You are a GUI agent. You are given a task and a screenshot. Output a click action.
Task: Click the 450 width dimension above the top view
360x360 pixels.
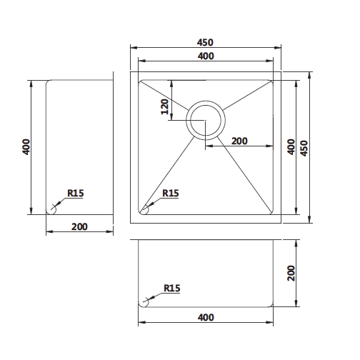[205, 42]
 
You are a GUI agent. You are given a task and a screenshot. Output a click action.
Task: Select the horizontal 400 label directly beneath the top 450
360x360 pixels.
[205, 56]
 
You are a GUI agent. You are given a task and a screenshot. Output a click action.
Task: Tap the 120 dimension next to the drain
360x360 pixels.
[164, 106]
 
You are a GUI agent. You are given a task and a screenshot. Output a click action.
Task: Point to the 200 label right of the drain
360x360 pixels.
[239, 141]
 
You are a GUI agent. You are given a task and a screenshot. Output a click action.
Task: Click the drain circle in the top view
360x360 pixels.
[206, 119]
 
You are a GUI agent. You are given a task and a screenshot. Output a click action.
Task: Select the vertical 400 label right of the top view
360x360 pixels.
[290, 146]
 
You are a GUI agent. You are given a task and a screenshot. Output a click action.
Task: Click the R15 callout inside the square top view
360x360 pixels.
[170, 193]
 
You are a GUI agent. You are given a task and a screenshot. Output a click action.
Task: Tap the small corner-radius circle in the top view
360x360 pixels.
[144, 209]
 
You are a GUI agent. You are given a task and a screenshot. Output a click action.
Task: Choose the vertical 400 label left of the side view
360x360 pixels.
[26, 147]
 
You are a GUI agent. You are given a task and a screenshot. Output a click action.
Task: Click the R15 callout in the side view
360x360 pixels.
[75, 193]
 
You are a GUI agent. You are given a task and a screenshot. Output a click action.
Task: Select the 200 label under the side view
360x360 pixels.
[79, 226]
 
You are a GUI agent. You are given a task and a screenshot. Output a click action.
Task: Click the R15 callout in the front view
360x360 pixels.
[171, 288]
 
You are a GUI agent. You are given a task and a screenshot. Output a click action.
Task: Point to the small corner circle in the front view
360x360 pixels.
[144, 302]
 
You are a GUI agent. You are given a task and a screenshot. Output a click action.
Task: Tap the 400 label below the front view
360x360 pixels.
[205, 316]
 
